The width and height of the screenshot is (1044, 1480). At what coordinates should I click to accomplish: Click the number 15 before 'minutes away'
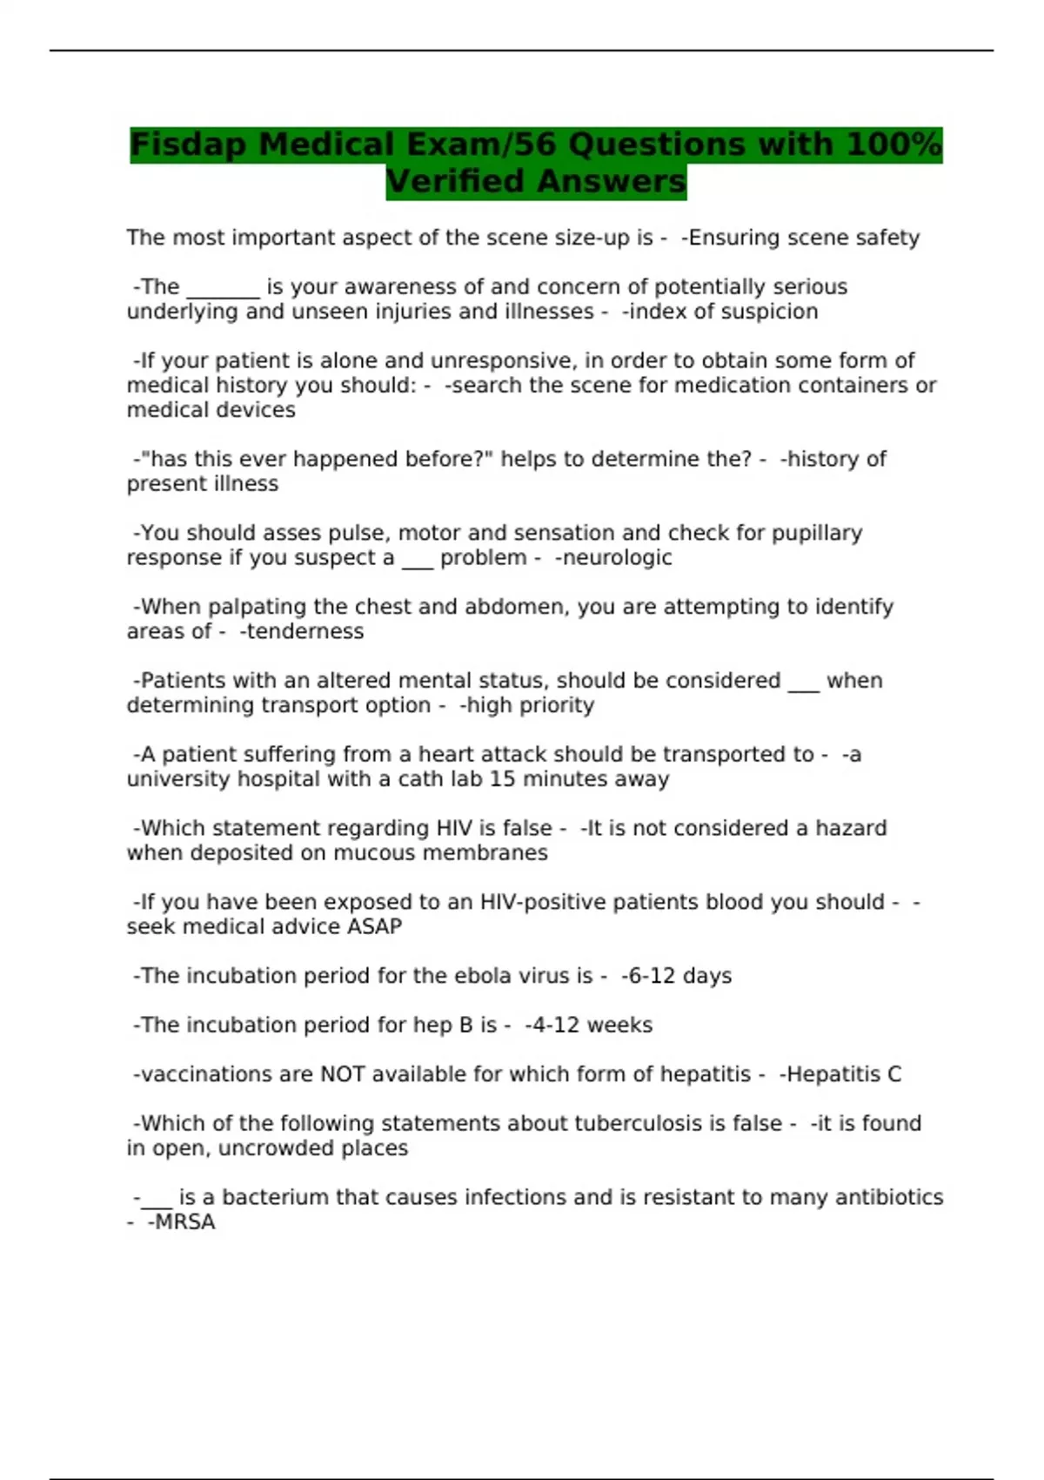click(504, 779)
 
